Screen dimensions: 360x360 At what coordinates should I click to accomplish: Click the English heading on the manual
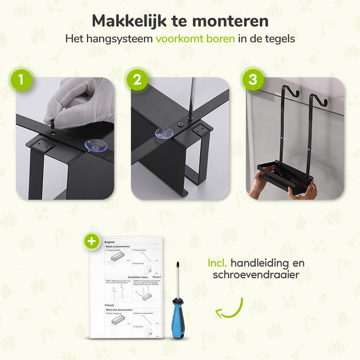110,241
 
